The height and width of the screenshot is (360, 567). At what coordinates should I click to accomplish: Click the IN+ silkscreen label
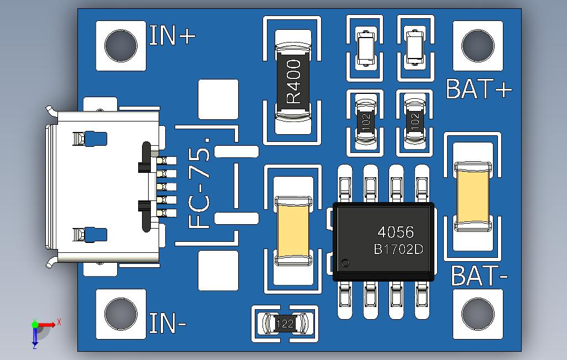pyautogui.click(x=172, y=35)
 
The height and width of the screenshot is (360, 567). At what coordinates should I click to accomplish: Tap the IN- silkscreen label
pyautogui.click(x=167, y=323)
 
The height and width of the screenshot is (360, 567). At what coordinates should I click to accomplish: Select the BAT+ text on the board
pyautogui.click(x=479, y=89)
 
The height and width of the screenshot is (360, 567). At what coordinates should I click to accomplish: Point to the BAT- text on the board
pyautogui.click(x=480, y=276)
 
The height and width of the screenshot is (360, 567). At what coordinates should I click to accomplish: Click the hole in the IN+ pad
pyautogui.click(x=121, y=46)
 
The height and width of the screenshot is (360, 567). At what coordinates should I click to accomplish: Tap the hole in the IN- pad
pyautogui.click(x=121, y=314)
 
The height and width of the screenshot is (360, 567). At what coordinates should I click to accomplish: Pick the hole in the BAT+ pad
pyautogui.click(x=478, y=46)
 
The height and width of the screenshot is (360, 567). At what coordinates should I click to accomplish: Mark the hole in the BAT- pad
pyautogui.click(x=478, y=314)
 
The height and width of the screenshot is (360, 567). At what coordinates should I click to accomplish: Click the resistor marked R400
pyautogui.click(x=293, y=81)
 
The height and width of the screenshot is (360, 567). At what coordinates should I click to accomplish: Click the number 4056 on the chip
pyautogui.click(x=396, y=232)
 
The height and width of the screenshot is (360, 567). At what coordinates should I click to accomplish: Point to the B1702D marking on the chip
pyautogui.click(x=398, y=249)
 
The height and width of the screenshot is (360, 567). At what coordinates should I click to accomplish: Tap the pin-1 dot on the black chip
pyautogui.click(x=345, y=263)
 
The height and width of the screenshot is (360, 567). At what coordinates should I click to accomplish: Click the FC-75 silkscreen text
pyautogui.click(x=200, y=183)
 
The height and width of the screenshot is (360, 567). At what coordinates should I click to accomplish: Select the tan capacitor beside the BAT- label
pyautogui.click(x=473, y=197)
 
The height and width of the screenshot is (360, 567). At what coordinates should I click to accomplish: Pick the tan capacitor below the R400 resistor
pyautogui.click(x=293, y=231)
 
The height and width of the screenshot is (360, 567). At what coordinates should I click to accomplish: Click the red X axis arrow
pyautogui.click(x=46, y=324)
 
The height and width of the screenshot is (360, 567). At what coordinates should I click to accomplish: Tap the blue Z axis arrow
pyautogui.click(x=35, y=335)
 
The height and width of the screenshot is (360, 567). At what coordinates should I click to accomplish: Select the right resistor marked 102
pyautogui.click(x=415, y=121)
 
